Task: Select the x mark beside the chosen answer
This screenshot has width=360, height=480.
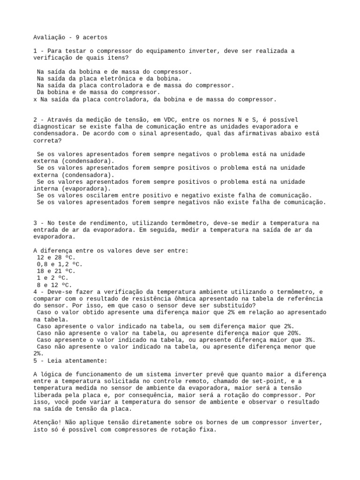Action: (x=35, y=99)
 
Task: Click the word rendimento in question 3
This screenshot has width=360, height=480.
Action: (x=103, y=223)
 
